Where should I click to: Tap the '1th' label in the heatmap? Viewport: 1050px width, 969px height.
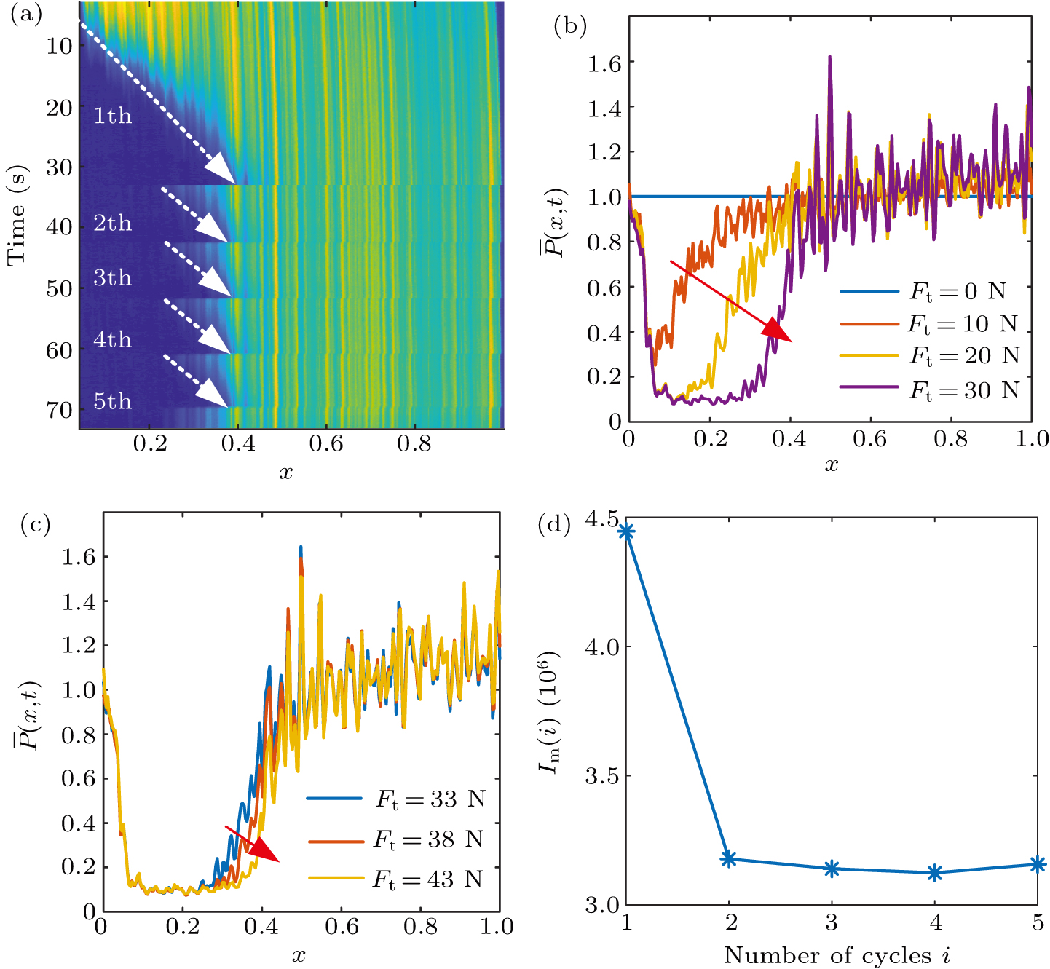[113, 116]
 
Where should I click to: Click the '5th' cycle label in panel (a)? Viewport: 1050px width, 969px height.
[113, 401]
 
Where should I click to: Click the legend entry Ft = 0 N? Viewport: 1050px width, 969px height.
[925, 292]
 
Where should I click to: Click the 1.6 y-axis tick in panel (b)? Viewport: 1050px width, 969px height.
[604, 63]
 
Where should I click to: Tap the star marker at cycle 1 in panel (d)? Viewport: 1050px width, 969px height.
[626, 531]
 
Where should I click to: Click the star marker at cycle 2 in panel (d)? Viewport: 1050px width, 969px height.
[729, 859]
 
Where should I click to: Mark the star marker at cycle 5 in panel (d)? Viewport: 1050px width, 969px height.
[1038, 864]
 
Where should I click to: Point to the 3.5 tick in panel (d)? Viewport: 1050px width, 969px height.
[601, 776]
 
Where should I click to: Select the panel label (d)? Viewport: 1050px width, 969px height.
[554, 524]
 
